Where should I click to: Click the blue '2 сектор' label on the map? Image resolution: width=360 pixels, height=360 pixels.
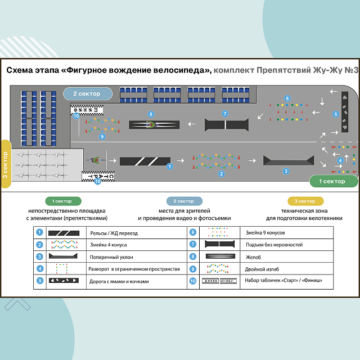click(x=86, y=93)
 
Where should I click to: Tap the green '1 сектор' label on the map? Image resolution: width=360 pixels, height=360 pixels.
click(x=332, y=182)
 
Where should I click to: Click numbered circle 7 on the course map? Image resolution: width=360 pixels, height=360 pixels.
click(x=224, y=114)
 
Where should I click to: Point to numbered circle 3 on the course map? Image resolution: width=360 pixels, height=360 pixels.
click(x=286, y=170)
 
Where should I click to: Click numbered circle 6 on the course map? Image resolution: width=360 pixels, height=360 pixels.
click(x=287, y=98)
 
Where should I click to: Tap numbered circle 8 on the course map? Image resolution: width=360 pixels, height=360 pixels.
click(x=151, y=114)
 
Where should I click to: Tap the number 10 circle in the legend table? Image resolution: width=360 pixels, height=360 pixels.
click(x=193, y=280)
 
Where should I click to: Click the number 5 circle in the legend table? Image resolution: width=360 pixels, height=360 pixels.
click(x=39, y=280)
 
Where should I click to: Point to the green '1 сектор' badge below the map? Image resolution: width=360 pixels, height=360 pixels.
click(x=63, y=201)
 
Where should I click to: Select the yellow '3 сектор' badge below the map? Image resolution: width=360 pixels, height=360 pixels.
click(x=305, y=201)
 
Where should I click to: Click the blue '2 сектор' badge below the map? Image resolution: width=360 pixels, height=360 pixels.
click(x=183, y=201)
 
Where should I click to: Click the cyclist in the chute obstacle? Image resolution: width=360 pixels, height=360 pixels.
click(x=151, y=124)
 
